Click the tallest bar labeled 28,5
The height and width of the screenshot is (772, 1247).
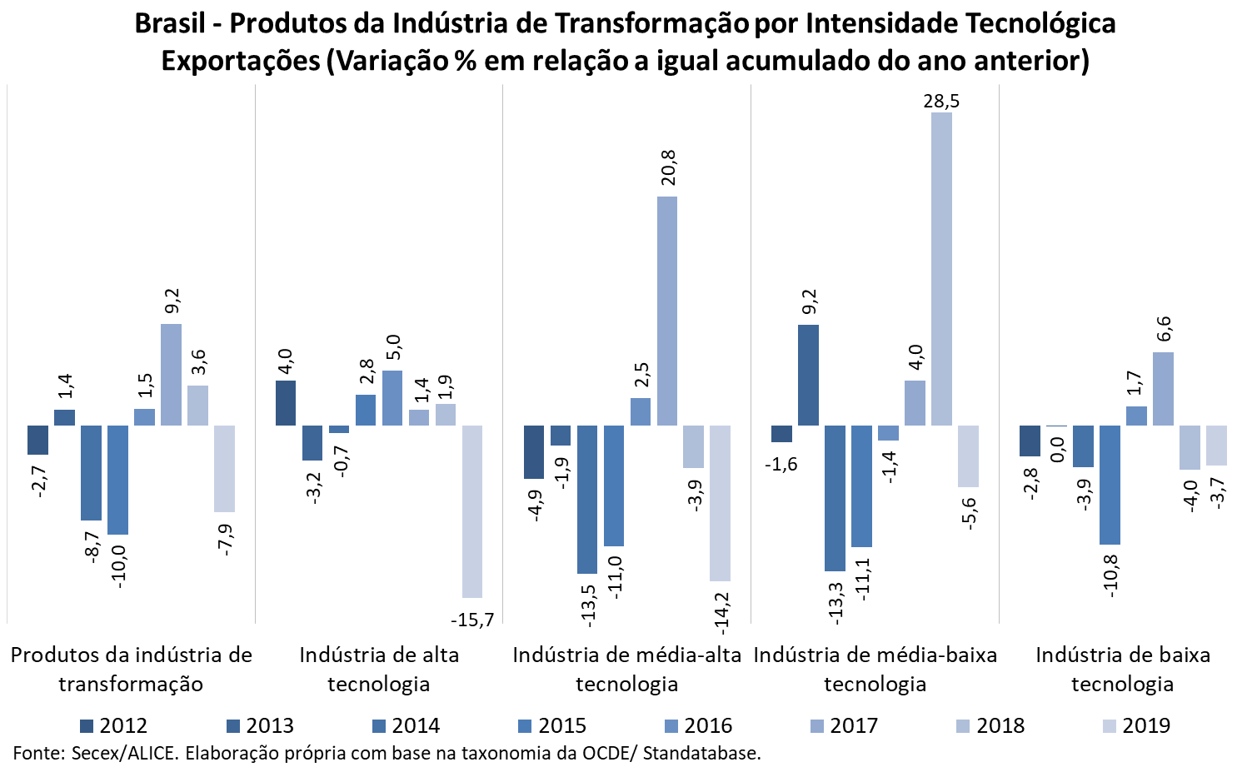941,268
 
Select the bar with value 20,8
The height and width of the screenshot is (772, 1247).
667,311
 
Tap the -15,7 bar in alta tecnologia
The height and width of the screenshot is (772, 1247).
472,511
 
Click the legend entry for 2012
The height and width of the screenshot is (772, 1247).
114,725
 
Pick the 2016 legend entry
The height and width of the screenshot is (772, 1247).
698,725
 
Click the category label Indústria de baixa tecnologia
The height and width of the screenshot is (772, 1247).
1122,669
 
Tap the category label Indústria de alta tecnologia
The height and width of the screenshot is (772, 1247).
379,669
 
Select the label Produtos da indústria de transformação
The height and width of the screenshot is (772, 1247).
131,669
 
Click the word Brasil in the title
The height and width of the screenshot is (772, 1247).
170,23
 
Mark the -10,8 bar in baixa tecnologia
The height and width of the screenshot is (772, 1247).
1110,485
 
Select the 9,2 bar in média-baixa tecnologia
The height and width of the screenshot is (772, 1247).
808,375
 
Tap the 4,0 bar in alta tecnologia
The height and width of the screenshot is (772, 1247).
286,403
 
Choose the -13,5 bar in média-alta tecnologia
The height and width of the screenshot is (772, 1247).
587,500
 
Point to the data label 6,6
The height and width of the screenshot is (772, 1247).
1164,328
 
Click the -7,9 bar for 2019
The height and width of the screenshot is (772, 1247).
224,469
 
